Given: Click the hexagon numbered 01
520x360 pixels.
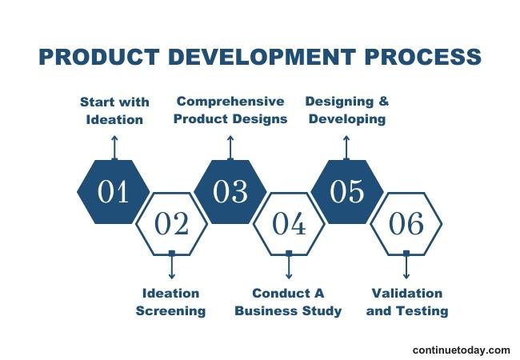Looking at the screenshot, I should coord(114,192).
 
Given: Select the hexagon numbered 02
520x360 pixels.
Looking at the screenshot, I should coord(171,224).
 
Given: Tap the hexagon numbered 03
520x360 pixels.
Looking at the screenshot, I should coord(230,192).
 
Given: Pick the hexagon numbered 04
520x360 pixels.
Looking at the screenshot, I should coord(289,224).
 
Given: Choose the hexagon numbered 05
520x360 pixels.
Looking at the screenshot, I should coord(346,192).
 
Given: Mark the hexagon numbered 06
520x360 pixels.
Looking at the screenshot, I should coord(406,224).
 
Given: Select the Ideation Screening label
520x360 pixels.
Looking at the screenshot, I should coord(170,302).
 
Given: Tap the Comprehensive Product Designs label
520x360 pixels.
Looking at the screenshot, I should coord(230,110).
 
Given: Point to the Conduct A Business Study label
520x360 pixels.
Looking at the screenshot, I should coord(288,302).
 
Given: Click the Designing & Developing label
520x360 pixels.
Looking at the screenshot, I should coord(346,110).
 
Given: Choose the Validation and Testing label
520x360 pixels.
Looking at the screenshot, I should coord(406,302).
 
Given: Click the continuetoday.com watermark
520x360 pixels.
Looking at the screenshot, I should coord(461,350).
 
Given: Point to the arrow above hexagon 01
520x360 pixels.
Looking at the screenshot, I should coord(114,147).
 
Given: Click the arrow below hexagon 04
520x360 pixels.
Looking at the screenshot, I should coord(289,266).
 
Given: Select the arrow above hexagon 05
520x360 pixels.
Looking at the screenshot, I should coord(346,147).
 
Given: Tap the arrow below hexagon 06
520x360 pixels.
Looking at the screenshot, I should coord(406,266).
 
